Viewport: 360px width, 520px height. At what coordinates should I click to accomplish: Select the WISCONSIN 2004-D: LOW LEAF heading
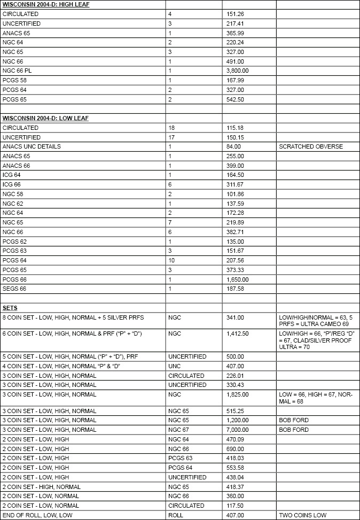pyautogui.click(x=39, y=118)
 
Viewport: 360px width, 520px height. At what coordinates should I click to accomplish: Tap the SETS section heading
pyautogui.click(x=9, y=308)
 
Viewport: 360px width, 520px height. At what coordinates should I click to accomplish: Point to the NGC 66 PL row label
pyautogui.click(x=18, y=71)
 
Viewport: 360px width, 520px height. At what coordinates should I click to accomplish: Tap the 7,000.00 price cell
pyautogui.click(x=237, y=430)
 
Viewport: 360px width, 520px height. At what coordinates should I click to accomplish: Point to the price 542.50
pyautogui.click(x=235, y=99)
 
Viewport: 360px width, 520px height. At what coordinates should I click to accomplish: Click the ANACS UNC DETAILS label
pyautogui.click(x=32, y=146)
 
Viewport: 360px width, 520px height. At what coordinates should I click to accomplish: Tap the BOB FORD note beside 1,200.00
pyautogui.click(x=294, y=420)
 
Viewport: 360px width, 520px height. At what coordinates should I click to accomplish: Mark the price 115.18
pyautogui.click(x=235, y=128)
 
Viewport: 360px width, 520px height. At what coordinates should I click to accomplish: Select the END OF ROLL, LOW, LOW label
pyautogui.click(x=36, y=515)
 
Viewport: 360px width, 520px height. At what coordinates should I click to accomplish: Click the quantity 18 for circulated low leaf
pyautogui.click(x=171, y=128)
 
